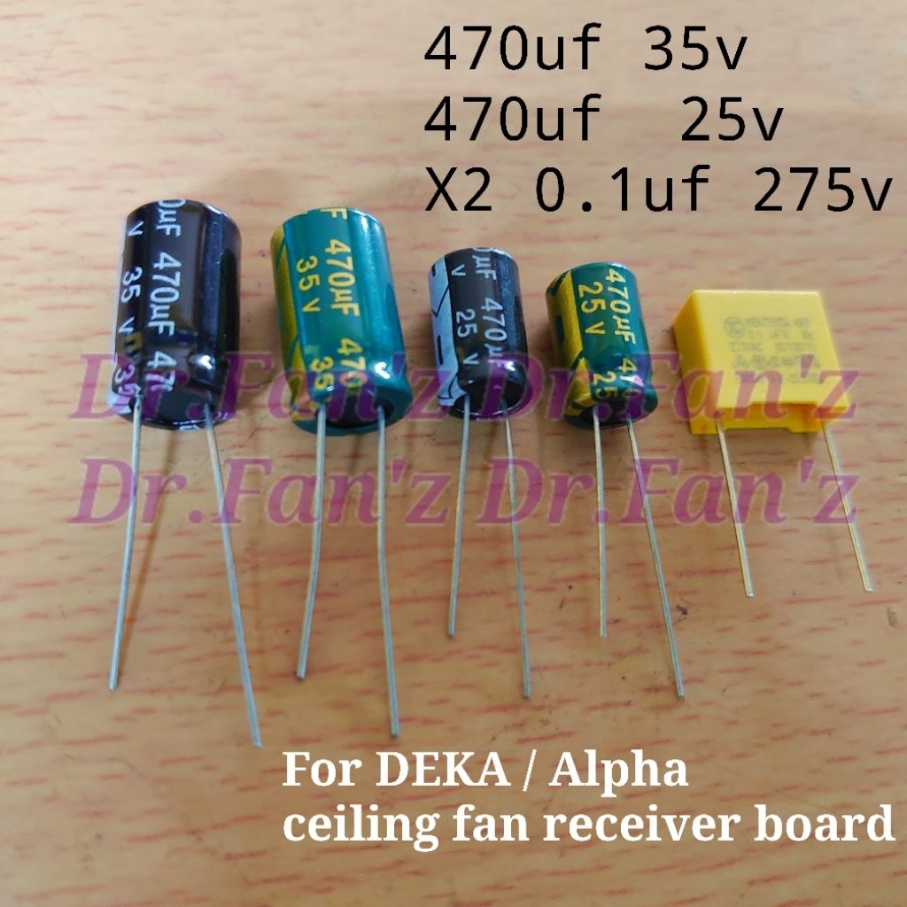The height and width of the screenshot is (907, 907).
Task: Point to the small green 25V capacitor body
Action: pos(602,341)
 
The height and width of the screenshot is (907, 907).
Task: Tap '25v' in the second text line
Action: pos(732,124)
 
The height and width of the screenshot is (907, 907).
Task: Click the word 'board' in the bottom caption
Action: pos(833,826)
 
